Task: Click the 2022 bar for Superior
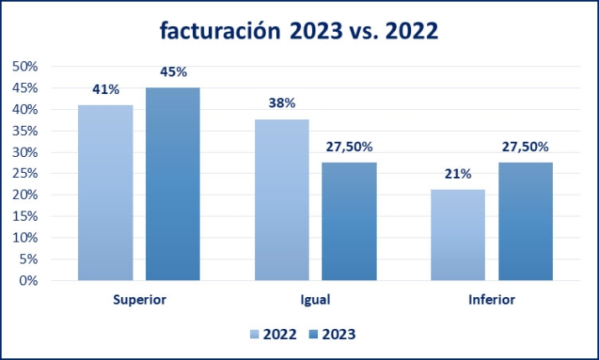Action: click(105, 192)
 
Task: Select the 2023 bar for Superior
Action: click(173, 184)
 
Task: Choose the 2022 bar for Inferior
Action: click(458, 235)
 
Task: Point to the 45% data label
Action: click(173, 71)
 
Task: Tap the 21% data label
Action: click(458, 174)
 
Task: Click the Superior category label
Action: click(138, 299)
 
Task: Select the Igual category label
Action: click(315, 299)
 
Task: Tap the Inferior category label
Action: click(492, 299)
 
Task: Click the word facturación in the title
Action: click(220, 32)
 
